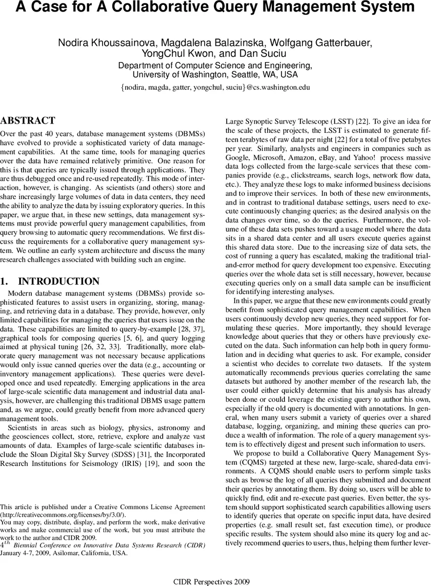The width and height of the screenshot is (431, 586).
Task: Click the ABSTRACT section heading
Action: (x=28, y=121)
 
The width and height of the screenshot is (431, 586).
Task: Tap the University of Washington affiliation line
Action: (x=215, y=75)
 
